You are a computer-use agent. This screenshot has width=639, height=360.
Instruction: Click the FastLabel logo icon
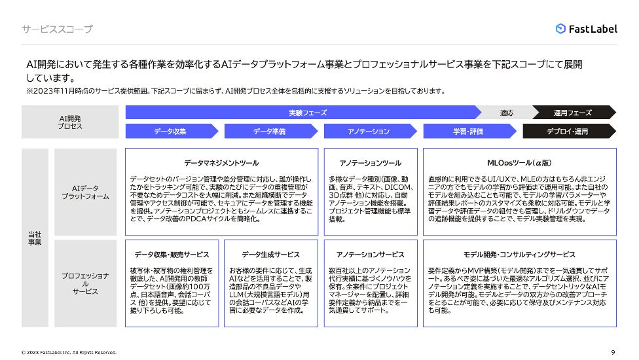click(x=560, y=29)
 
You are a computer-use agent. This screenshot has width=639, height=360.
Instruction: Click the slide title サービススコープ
click(x=57, y=29)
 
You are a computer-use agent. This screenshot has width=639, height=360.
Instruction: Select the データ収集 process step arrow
click(x=172, y=132)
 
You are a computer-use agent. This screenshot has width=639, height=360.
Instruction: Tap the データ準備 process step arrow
click(x=270, y=132)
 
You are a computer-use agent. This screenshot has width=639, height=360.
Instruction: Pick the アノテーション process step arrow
click(x=369, y=132)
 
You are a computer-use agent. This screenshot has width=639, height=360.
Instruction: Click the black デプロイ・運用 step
click(x=568, y=132)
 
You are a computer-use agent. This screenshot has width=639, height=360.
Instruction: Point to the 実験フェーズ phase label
click(x=308, y=113)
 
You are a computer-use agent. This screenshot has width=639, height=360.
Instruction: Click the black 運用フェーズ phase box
click(x=572, y=113)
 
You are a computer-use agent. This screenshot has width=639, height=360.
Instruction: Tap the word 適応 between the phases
click(x=507, y=113)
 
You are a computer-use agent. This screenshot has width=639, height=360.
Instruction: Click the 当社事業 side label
click(x=34, y=238)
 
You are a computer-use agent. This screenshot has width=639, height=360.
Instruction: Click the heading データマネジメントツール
click(x=221, y=163)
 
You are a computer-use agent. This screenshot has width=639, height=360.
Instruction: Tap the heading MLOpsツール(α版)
click(x=520, y=163)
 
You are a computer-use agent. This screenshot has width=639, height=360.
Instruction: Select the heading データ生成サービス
click(x=271, y=255)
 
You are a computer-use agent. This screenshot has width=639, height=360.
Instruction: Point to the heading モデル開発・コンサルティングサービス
click(x=520, y=255)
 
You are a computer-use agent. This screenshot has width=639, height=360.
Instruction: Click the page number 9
click(x=612, y=351)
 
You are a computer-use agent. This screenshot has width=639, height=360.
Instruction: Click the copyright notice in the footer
click(x=69, y=352)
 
